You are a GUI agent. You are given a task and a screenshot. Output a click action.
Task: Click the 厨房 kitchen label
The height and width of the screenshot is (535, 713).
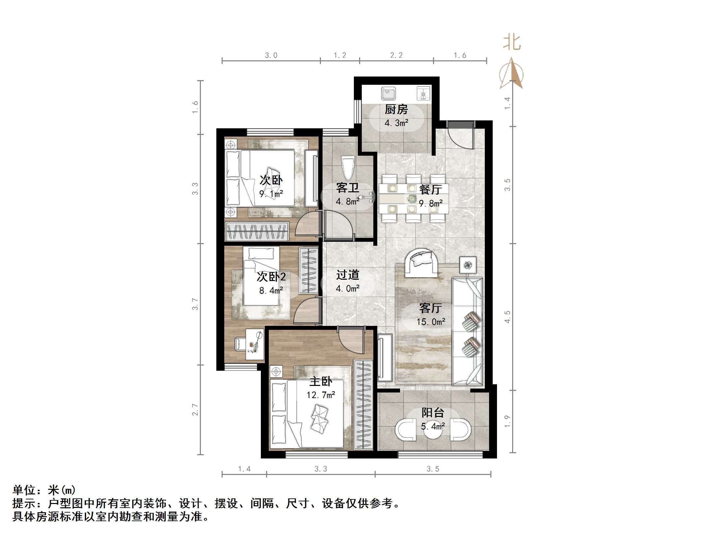pyautogui.click(x=396, y=109)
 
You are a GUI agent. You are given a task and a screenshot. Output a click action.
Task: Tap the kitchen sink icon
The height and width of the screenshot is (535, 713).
pyautogui.click(x=388, y=93)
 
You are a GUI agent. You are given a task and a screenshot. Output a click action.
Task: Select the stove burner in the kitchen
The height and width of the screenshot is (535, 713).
pyautogui.click(x=423, y=93)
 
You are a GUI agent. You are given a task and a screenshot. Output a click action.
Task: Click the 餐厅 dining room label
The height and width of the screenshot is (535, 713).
pyautogui.click(x=430, y=190)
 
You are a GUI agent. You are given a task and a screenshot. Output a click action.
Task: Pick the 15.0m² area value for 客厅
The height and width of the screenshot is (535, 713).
pyautogui.click(x=431, y=322)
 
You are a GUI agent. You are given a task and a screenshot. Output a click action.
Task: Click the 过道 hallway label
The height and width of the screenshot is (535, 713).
pyautogui.click(x=348, y=275)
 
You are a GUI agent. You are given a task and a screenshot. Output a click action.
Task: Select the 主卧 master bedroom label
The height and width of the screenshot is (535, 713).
pyautogui.click(x=321, y=382)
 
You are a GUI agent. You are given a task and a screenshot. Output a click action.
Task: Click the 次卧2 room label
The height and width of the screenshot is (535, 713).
pyautogui.click(x=271, y=277)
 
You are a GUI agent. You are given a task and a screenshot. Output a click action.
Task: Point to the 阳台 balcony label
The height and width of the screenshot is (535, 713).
pyautogui.click(x=433, y=413)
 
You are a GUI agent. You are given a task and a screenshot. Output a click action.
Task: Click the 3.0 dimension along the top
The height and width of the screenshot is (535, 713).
pyautogui.click(x=271, y=55)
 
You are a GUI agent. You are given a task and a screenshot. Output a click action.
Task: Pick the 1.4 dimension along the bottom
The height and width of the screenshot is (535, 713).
pyautogui.click(x=244, y=469)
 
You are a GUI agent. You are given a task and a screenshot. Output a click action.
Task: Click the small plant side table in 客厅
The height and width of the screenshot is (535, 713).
pyautogui.click(x=468, y=265)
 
